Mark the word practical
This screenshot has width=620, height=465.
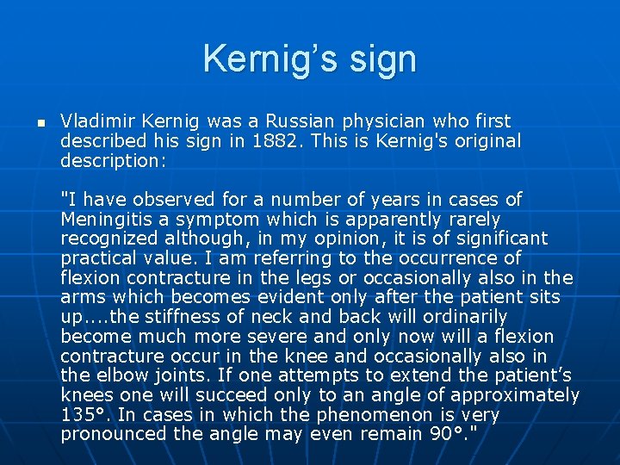98,258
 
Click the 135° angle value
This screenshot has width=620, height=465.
84,415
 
